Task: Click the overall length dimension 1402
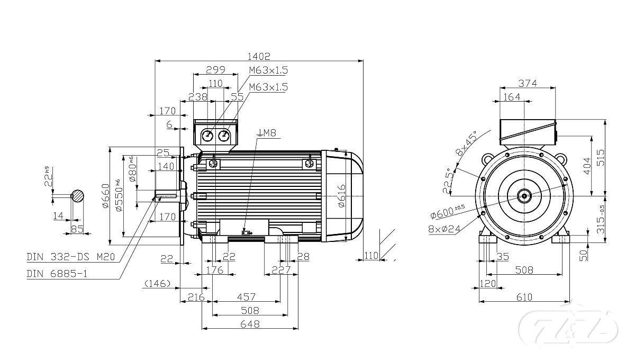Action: pyautogui.click(x=259, y=56)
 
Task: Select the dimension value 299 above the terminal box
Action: pyautogui.click(x=215, y=69)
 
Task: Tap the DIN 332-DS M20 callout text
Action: pyautogui.click(x=71, y=257)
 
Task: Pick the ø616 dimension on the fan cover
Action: pyautogui.click(x=341, y=196)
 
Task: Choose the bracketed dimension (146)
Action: pyautogui.click(x=156, y=284)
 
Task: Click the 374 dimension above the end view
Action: pyautogui.click(x=527, y=83)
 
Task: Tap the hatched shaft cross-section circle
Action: pyautogui.click(x=78, y=196)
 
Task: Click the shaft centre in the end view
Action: pyautogui.click(x=524, y=196)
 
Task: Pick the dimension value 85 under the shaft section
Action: pyautogui.click(x=77, y=229)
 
